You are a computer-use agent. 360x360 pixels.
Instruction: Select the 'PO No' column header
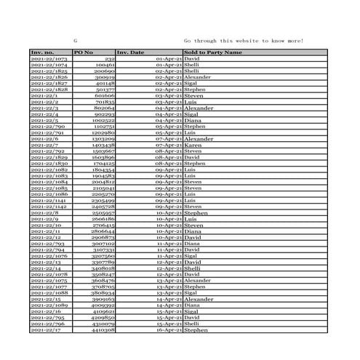click(84, 52)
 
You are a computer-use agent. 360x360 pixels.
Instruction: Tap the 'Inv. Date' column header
click(131, 52)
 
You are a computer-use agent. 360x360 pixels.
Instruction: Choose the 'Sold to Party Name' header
click(213, 52)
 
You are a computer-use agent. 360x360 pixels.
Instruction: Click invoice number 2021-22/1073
click(49, 59)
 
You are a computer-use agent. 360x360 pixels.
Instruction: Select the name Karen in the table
click(193, 145)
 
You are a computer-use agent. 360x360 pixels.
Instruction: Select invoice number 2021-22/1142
click(49, 207)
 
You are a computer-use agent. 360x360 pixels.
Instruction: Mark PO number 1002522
click(103, 121)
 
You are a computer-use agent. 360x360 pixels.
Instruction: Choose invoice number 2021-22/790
click(48, 127)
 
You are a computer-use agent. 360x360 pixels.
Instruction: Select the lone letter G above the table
click(76, 41)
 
